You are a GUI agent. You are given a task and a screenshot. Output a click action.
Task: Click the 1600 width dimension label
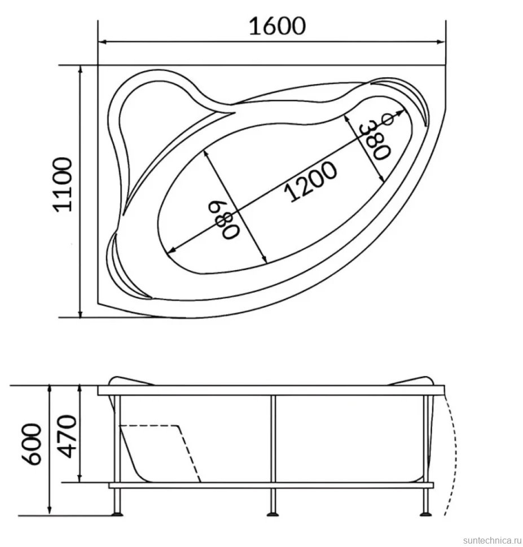(x=277, y=26)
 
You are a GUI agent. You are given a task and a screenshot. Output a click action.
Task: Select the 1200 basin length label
(x=311, y=182)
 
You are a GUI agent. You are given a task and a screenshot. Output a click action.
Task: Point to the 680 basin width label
(x=224, y=220)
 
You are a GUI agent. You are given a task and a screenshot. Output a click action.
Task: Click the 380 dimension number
(x=374, y=139)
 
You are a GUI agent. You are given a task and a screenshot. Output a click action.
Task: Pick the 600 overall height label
(x=33, y=444)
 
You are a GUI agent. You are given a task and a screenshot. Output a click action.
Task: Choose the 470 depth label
(x=67, y=436)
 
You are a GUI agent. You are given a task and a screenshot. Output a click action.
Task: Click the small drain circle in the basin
(x=388, y=120)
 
